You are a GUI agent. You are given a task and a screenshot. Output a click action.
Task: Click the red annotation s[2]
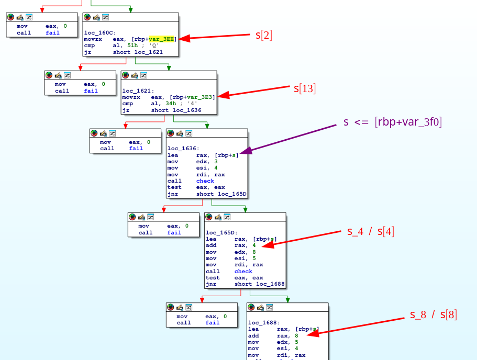pos(264,35)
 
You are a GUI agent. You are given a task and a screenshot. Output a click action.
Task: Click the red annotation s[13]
pos(305,88)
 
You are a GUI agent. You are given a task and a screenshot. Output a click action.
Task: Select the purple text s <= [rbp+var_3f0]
pos(393,122)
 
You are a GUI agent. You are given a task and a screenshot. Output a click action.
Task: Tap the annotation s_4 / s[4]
pos(371,231)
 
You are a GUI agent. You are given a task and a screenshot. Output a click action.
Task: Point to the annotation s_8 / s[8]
pos(434,314)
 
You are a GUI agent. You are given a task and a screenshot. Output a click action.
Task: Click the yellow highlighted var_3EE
pos(161,39)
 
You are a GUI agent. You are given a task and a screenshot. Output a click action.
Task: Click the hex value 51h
pos(132,46)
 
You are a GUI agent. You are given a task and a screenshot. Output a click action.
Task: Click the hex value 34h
pos(170,104)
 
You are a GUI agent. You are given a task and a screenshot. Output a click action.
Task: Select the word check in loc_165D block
pos(243,271)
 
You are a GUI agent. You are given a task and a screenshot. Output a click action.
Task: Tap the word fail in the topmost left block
pos(52,32)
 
